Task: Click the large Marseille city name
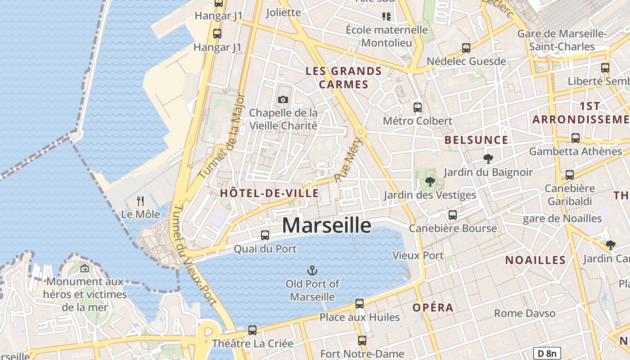tap(327, 225)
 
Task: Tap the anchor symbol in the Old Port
tap(312, 270)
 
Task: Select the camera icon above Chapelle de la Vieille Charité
tap(283, 100)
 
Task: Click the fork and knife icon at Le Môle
tap(140, 201)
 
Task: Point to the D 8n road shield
tap(547, 353)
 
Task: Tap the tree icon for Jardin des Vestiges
tap(430, 182)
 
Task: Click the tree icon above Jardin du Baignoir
tap(487, 158)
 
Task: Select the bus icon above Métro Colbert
tap(418, 108)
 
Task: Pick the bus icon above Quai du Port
tap(265, 235)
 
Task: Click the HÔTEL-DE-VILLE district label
tap(270, 193)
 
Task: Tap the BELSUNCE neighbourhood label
tap(476, 140)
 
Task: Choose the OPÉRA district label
tap(433, 308)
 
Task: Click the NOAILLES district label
tap(535, 260)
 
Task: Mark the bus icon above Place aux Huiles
tap(359, 304)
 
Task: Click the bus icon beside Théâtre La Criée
tap(252, 330)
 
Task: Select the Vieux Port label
tap(418, 256)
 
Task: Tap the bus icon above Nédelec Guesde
tap(466, 48)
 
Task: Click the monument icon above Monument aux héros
tap(84, 269)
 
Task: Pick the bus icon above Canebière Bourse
tap(453, 215)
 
